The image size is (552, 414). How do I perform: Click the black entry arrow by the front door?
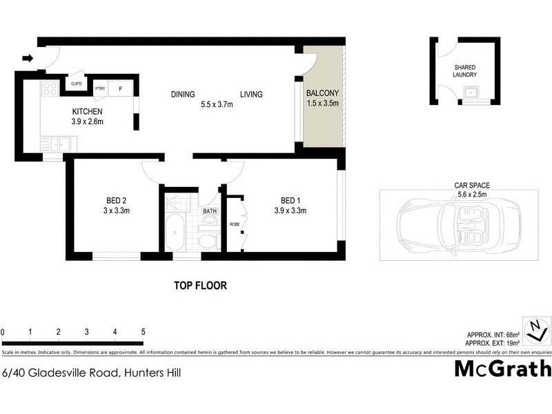[27, 59]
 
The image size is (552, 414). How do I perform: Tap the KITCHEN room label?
[88, 112]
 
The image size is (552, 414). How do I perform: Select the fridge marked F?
[120, 88]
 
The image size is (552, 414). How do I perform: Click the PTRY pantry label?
[100, 88]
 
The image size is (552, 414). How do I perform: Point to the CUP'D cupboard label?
[76, 84]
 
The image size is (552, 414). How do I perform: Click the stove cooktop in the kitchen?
[50, 88]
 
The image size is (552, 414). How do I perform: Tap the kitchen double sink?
[55, 144]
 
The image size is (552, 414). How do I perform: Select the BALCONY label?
[322, 92]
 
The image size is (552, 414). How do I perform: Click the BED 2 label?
[112, 201]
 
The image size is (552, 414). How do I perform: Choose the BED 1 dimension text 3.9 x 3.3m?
[290, 211]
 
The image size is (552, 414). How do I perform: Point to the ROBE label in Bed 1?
[234, 224]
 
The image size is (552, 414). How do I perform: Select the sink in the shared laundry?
[473, 92]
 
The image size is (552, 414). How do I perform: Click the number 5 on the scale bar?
[143, 332]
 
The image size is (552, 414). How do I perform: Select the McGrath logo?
[502, 368]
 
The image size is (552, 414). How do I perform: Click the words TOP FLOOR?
[199, 285]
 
